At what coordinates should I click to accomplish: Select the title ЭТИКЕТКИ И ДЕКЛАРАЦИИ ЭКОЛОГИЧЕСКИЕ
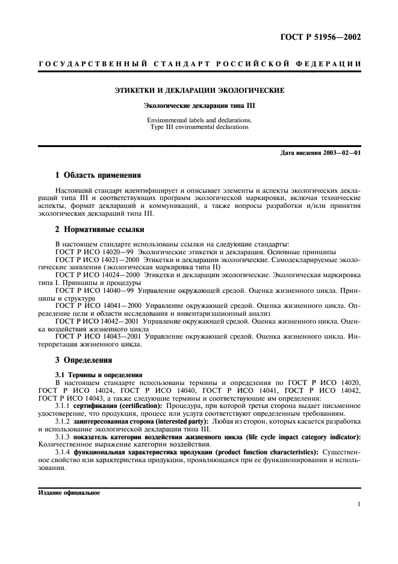199,91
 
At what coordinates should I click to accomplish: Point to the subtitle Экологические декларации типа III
199,105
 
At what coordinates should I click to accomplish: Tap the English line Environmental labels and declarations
199,120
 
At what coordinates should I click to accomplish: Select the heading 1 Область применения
98,175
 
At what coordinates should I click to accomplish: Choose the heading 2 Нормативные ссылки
99,228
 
